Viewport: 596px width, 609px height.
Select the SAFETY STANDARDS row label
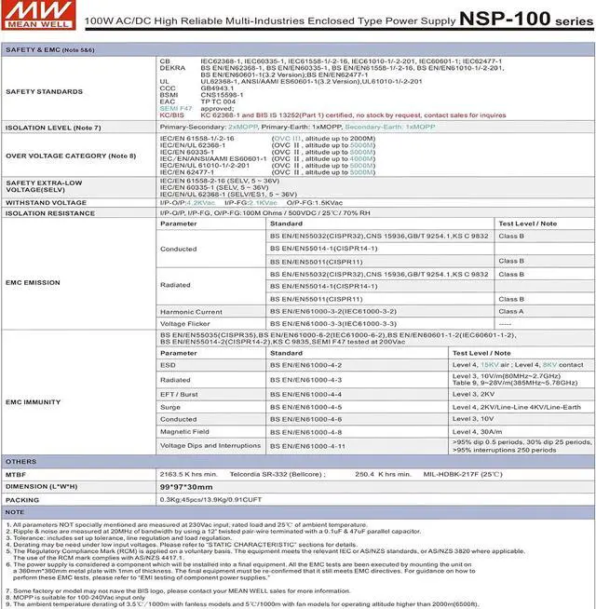pyautogui.click(x=45, y=92)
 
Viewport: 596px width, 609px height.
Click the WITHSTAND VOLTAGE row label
pyautogui.click(x=47, y=201)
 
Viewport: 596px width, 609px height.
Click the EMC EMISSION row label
pyautogui.click(x=34, y=282)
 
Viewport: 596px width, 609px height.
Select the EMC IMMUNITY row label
pyautogui.click(x=34, y=400)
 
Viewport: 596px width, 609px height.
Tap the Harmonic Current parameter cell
pyautogui.click(x=191, y=311)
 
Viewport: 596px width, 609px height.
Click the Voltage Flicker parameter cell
pyautogui.click(x=187, y=323)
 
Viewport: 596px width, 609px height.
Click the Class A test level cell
pyautogui.click(x=511, y=311)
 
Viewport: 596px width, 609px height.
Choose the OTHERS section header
pyautogui.click(x=20, y=462)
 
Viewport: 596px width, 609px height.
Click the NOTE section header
pyautogui.click(x=15, y=512)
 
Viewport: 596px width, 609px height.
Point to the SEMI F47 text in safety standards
pyautogui.click(x=177, y=108)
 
